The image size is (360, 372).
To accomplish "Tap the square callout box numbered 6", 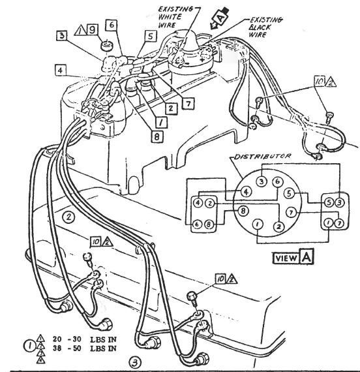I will tap(112, 25).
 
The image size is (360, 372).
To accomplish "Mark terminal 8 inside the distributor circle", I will tap(243, 211).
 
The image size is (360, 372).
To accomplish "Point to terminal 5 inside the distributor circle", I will tap(287, 194).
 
